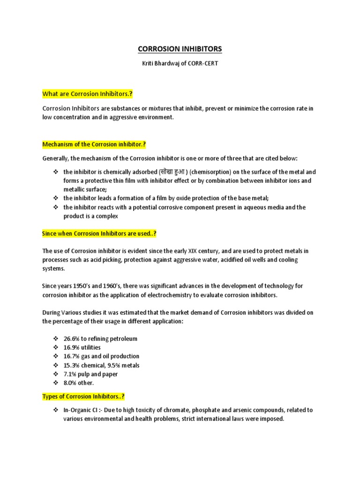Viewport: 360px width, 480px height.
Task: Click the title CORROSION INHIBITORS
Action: click(x=180, y=49)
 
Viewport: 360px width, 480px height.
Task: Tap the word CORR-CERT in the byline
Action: click(x=203, y=63)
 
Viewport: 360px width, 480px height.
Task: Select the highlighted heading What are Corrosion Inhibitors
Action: click(x=88, y=94)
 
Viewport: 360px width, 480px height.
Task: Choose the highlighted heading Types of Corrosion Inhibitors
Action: click(x=83, y=397)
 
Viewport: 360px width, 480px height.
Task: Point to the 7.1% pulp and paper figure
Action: click(x=71, y=374)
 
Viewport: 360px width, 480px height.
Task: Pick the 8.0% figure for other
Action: click(x=71, y=383)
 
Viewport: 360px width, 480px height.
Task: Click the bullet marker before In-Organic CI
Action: click(x=55, y=410)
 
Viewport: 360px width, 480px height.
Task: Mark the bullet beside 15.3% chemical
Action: click(x=55, y=365)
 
